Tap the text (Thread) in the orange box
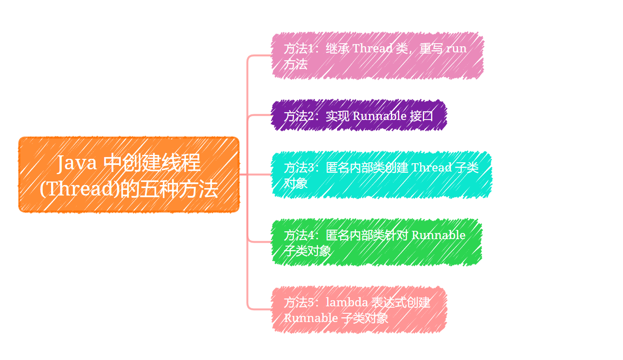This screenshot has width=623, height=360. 79,189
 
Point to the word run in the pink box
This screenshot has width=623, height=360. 456,48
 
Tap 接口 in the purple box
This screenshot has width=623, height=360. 421,116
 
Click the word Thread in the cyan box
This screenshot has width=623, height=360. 431,168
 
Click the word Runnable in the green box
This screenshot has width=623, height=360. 438,235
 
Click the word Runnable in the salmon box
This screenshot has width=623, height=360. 310,318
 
